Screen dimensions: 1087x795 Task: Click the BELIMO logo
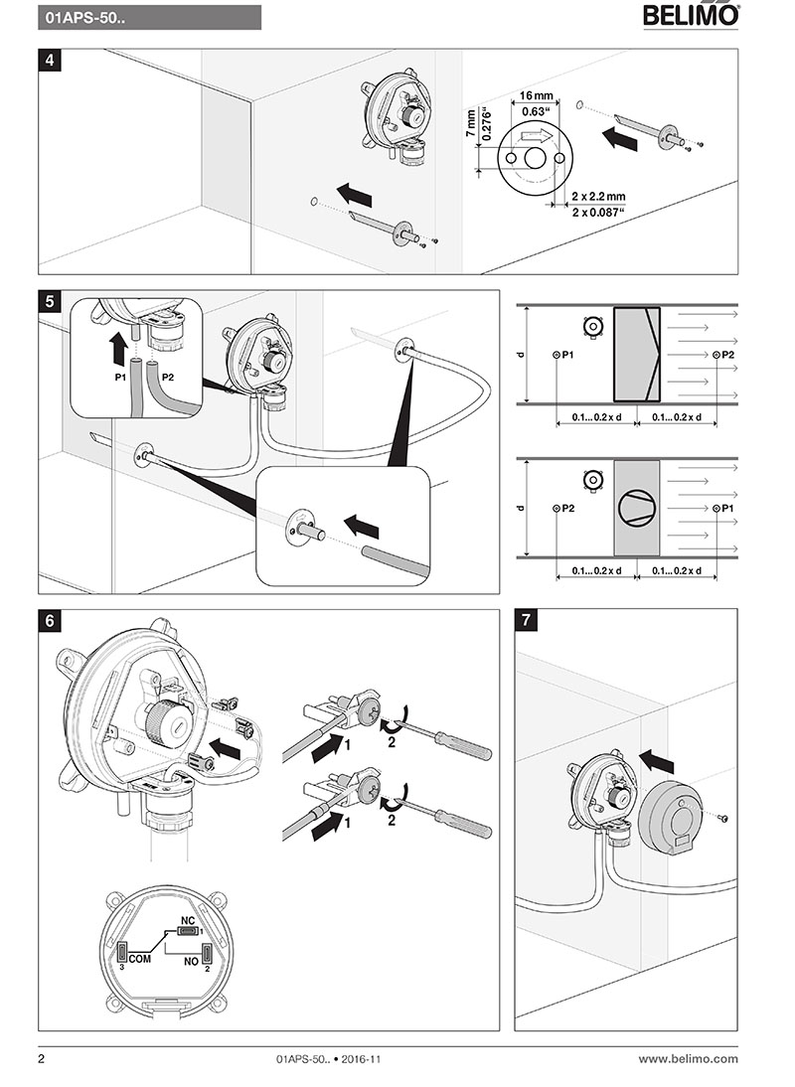coord(691,16)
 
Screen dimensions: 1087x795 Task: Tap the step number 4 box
coord(50,60)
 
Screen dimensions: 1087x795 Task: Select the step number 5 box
coord(50,300)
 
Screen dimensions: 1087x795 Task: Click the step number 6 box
coord(50,620)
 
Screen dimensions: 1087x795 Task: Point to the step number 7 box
coord(527,620)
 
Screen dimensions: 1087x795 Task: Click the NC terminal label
coord(185,919)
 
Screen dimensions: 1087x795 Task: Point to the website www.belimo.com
coord(688,1059)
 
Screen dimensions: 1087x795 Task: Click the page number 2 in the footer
coord(42,1059)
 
